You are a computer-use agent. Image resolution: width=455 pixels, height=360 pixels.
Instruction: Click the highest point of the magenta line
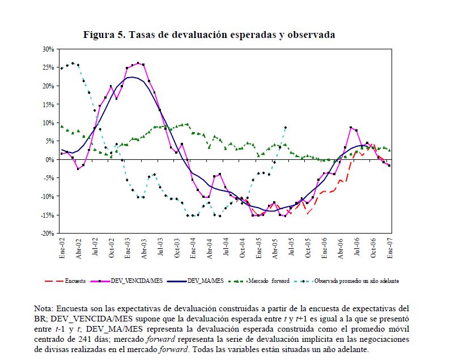point(138,63)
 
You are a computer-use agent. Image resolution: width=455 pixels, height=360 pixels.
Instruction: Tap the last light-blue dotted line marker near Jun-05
point(286,128)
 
